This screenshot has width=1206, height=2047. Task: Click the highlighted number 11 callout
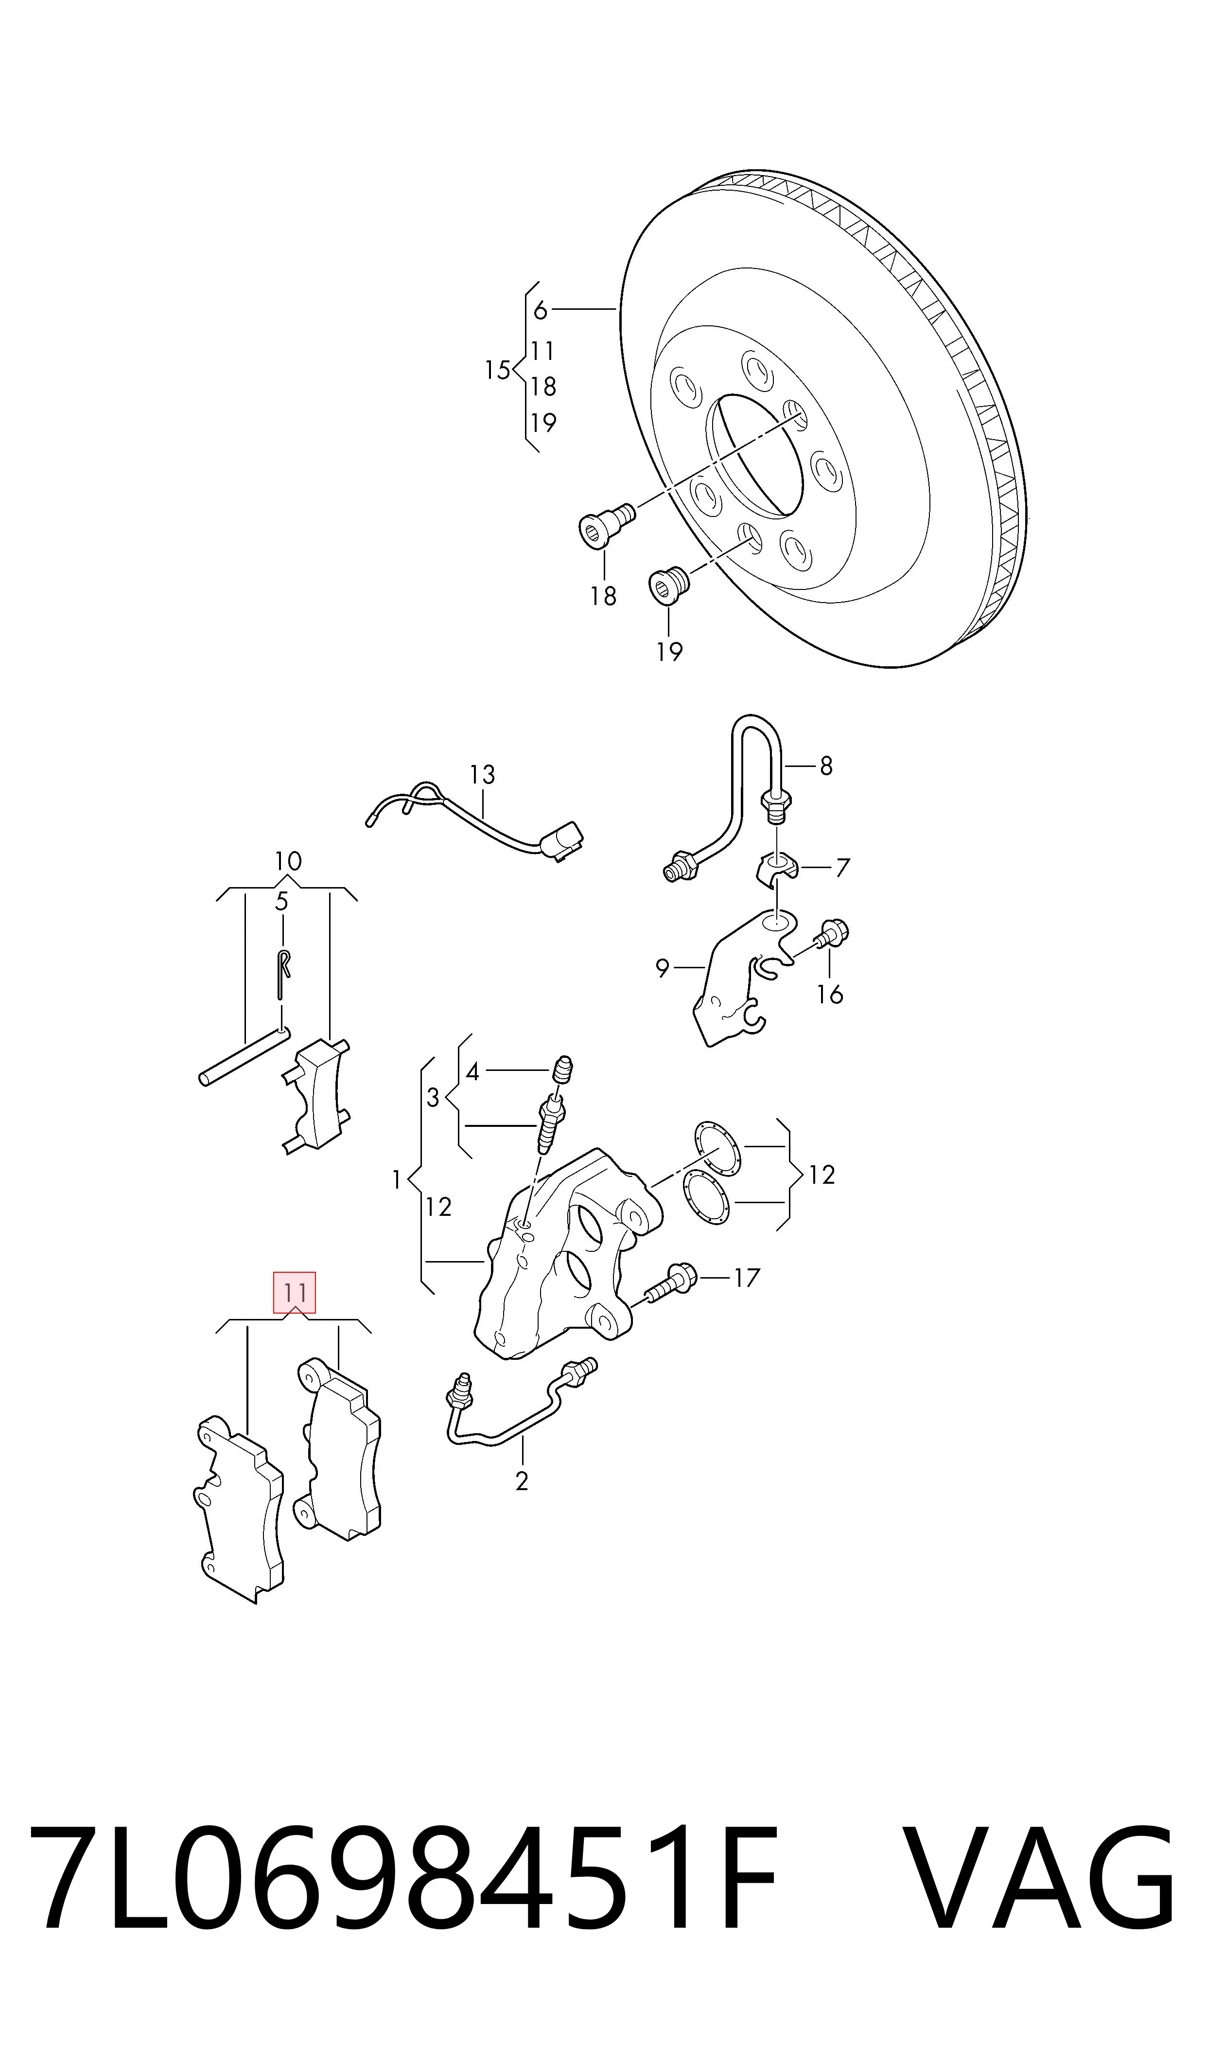[294, 1292]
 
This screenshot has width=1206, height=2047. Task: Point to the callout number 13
[482, 775]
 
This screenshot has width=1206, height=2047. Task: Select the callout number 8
[826, 766]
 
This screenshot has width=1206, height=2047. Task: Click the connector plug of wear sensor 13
[563, 840]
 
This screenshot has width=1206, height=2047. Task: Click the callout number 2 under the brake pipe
[522, 1481]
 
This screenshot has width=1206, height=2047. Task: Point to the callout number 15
[497, 371]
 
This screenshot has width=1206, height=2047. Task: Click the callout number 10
[288, 861]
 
